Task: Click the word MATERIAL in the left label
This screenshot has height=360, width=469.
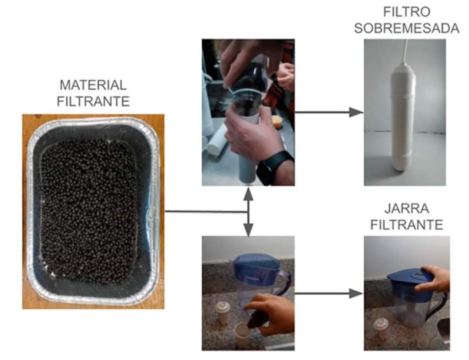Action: coord(93,85)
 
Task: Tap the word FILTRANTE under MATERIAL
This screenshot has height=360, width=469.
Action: coord(93,102)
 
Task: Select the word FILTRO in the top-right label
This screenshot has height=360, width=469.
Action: coord(407,12)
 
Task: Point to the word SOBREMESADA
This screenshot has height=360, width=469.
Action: coord(407,28)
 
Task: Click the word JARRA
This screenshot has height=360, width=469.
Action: coord(407,208)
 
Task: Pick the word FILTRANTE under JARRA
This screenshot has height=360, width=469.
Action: coord(407,225)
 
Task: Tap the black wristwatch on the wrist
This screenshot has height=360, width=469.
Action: coord(274,168)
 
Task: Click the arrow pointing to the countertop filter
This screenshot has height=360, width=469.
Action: coord(329,113)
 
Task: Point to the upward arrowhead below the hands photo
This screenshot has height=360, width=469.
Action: coord(248,194)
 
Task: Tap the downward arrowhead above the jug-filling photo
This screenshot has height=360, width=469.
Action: coord(248,230)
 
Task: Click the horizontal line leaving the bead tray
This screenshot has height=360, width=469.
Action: coord(207,212)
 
